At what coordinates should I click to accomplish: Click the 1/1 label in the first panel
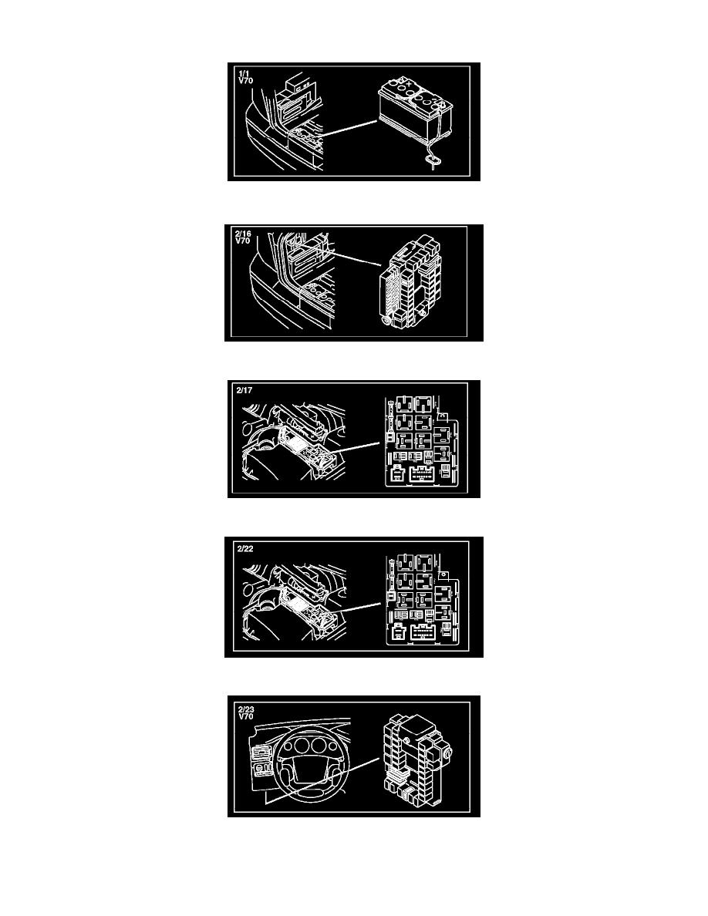click(x=244, y=73)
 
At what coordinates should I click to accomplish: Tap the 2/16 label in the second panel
click(x=243, y=234)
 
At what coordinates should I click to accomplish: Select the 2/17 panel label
click(x=244, y=390)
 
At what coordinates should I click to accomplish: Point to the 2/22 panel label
click(x=245, y=548)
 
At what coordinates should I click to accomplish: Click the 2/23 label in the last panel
click(x=247, y=710)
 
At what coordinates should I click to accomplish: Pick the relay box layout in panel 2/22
click(x=423, y=600)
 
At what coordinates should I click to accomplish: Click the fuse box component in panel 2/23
click(x=417, y=759)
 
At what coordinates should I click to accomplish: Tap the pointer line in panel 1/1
click(x=348, y=129)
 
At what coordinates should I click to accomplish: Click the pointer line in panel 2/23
click(x=322, y=781)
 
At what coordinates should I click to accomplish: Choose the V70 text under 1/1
click(x=246, y=81)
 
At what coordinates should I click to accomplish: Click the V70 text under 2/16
click(x=243, y=241)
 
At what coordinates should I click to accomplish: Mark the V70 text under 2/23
click(x=246, y=717)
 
